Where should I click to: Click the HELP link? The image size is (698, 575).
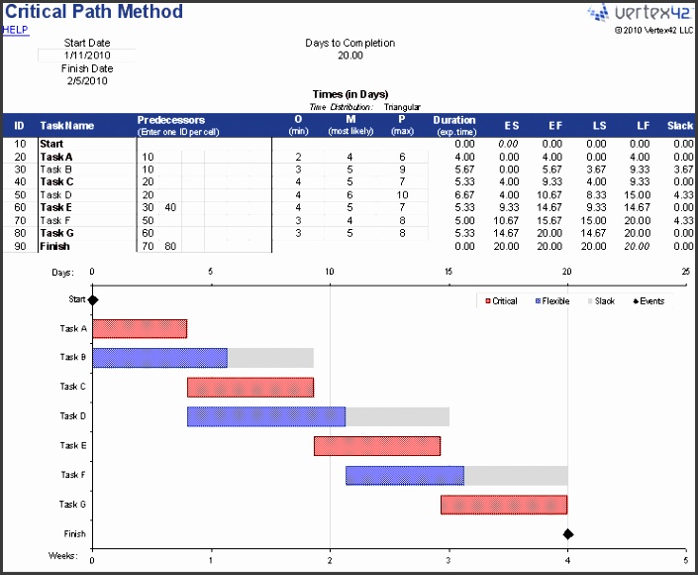tap(15, 30)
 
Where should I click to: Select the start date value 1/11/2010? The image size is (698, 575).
tap(87, 56)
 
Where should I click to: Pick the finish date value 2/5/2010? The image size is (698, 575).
tap(87, 81)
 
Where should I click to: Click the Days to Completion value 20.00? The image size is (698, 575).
tap(349, 56)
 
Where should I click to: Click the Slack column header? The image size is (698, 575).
tap(679, 126)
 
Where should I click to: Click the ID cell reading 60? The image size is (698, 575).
tap(19, 207)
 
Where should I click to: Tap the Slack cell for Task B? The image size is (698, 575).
tap(680, 170)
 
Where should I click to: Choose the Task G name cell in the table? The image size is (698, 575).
tap(56, 233)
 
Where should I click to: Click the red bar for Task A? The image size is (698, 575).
tap(140, 329)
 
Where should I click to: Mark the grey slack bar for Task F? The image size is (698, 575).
tap(515, 476)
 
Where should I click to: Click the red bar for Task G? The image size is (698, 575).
tap(503, 505)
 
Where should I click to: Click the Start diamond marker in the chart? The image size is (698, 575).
tap(93, 299)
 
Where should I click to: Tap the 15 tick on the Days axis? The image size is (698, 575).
tap(449, 272)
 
